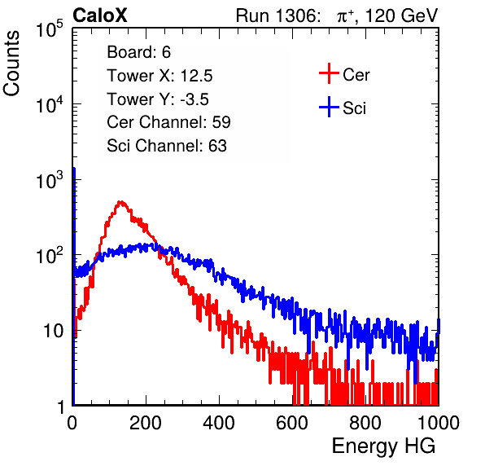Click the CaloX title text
point(100,15)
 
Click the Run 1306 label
point(277,15)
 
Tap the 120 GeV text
point(401,15)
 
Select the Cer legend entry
point(344,74)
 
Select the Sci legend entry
point(343,108)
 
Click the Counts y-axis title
point(11,64)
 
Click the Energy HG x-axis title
point(383,446)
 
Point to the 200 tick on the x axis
point(146,422)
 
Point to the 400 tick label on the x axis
point(219,422)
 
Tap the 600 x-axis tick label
point(292,422)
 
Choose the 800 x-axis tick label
point(365,422)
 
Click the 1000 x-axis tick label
point(439,422)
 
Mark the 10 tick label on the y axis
point(53,331)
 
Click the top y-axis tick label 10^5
point(50,29)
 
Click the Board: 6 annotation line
point(139,52)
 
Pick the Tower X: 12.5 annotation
point(159,76)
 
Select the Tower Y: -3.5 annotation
point(158,99)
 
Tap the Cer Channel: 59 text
point(168,122)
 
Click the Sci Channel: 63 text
point(167,146)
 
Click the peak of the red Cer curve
point(121,202)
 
